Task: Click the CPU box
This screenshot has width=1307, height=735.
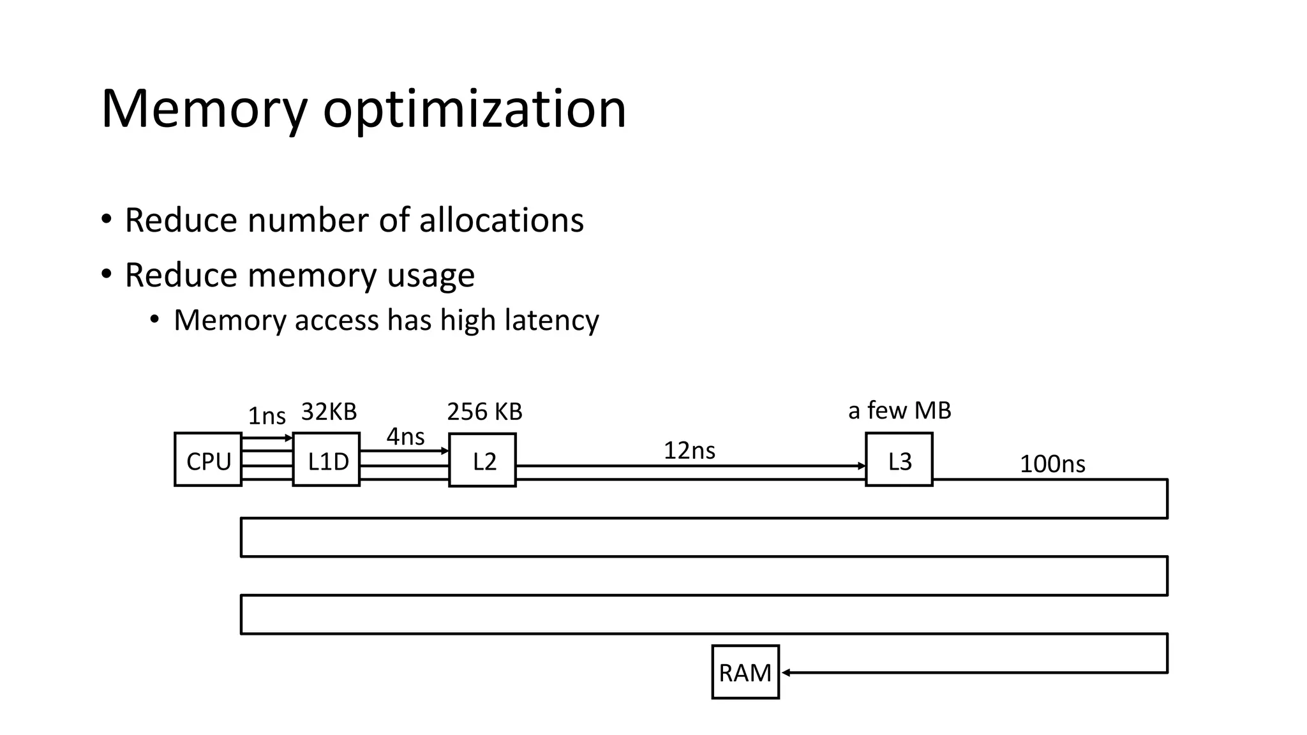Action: point(208,460)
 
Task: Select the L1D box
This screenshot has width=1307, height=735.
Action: point(326,460)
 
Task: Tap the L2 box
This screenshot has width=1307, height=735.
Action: point(482,461)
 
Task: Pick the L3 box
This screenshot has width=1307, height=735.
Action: point(899,460)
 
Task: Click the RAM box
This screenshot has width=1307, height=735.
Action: point(745,672)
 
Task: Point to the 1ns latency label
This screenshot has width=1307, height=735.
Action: point(266,416)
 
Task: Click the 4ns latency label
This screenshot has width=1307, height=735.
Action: point(405,437)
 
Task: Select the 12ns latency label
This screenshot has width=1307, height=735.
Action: point(689,450)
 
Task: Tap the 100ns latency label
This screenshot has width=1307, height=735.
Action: point(1052,464)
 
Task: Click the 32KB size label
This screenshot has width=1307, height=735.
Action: point(329,412)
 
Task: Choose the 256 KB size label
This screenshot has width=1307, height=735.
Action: point(484,412)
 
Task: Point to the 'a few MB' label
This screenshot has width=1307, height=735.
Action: point(899,410)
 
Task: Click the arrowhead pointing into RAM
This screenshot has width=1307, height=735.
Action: point(786,672)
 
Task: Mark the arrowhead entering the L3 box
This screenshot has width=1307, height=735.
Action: point(862,466)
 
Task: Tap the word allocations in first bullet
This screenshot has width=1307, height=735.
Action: point(501,220)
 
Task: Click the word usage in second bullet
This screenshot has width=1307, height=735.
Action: point(430,276)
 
